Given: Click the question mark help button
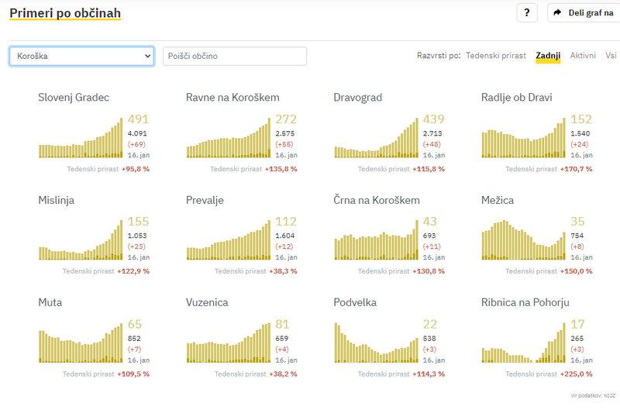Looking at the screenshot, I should (527, 13).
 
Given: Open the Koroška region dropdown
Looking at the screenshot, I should (81, 57).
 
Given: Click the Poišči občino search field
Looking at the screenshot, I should (234, 57).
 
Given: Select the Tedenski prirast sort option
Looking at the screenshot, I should (496, 56).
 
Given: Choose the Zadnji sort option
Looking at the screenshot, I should (548, 56).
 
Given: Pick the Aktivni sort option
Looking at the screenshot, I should (583, 56).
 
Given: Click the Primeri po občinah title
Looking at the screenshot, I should (65, 13).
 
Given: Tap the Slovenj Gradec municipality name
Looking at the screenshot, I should (74, 98).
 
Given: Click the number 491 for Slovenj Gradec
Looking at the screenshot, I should (137, 119).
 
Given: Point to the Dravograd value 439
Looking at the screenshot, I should (433, 119).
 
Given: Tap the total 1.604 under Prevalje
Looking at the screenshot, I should (285, 236).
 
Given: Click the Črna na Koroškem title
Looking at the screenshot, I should (377, 200).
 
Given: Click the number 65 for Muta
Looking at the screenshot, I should (134, 324).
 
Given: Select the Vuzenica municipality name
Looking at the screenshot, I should (207, 302).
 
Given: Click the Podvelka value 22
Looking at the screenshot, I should (430, 324).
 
